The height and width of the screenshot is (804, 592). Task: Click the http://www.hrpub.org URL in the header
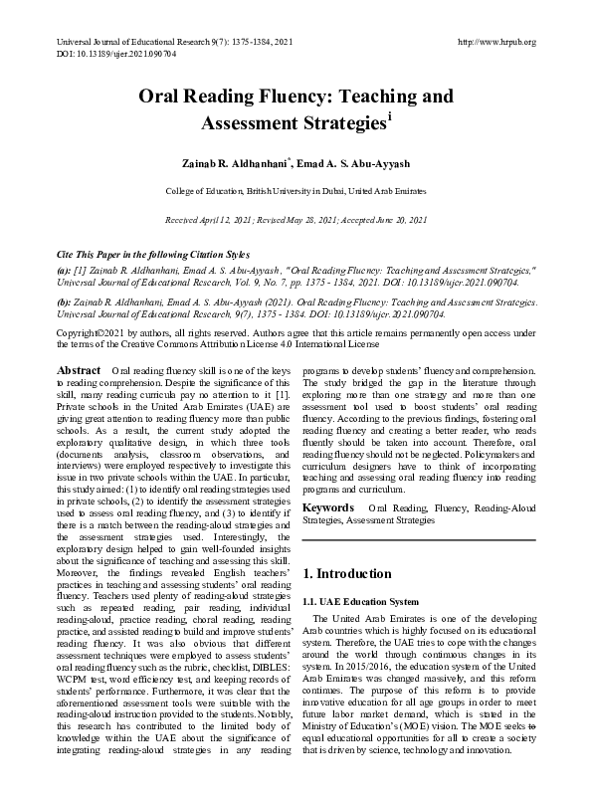coord(495,42)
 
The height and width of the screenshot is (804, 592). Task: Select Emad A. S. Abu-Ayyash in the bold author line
coord(354,161)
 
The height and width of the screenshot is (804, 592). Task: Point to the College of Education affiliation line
coord(296,189)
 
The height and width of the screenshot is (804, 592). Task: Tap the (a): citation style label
coord(64,269)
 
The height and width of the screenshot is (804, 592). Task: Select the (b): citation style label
coord(64,298)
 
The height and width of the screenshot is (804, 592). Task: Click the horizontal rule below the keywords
coord(419,539)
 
